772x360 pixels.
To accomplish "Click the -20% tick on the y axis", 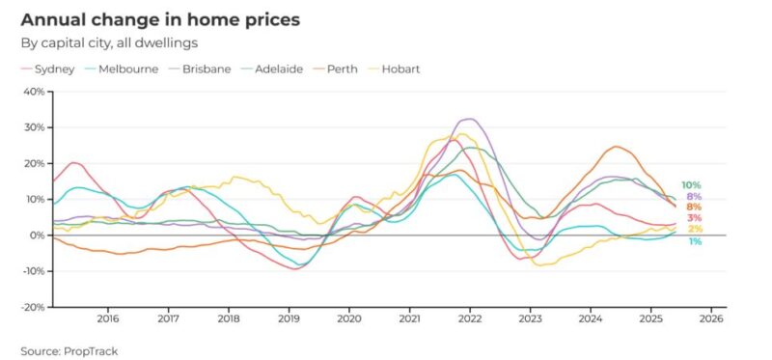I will coord(33,307).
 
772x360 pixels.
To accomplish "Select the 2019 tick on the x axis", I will coord(288,318).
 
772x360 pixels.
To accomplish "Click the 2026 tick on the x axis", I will coord(710,318).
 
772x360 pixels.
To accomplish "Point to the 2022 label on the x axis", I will coord(469,318).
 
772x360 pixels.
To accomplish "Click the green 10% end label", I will coord(691,185).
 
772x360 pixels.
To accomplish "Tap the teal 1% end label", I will coord(695,241).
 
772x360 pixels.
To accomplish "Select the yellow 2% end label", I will coord(695,229).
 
